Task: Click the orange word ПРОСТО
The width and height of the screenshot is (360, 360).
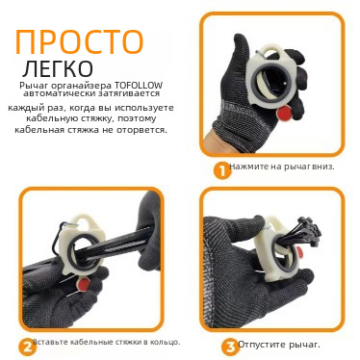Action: [79, 41]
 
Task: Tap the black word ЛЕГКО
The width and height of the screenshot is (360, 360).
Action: [59, 67]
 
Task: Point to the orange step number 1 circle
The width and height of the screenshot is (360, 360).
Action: [222, 170]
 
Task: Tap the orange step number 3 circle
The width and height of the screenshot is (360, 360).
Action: [230, 347]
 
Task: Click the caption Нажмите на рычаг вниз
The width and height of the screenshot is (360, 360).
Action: [282, 167]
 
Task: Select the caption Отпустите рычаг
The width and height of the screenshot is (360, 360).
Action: [279, 345]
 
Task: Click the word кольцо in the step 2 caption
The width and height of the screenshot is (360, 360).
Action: [166, 342]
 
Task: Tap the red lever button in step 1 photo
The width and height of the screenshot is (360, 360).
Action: [285, 114]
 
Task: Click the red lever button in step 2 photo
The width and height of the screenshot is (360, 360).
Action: [85, 284]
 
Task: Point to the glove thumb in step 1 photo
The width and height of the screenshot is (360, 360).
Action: [242, 54]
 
